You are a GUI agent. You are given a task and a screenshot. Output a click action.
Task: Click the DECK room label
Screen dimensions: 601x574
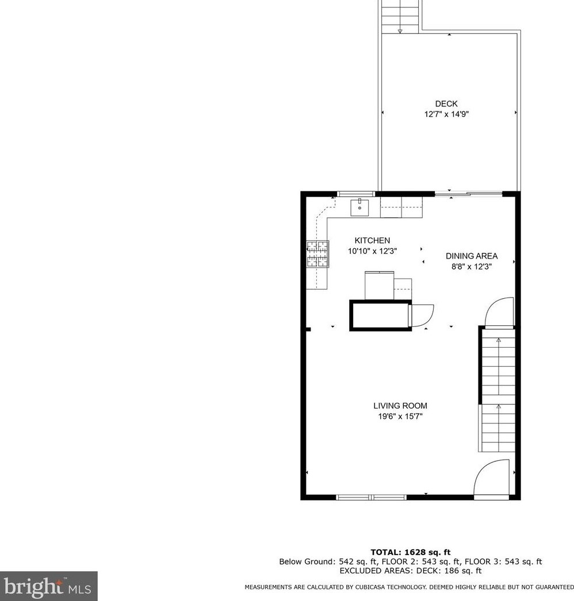point(446,104)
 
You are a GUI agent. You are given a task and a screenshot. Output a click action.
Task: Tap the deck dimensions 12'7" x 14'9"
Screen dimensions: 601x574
point(446,114)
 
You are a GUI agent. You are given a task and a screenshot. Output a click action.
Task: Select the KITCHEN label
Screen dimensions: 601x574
point(372,241)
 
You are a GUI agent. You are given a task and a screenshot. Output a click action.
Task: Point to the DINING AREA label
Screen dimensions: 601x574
point(472,256)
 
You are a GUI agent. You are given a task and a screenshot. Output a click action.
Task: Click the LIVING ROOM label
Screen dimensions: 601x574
point(400,406)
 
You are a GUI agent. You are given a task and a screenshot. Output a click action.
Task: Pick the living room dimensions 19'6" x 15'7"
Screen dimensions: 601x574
point(400,417)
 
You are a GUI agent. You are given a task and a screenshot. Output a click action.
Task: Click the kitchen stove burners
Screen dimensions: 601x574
point(317,254)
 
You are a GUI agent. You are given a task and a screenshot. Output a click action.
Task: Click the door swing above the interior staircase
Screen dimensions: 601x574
point(498,313)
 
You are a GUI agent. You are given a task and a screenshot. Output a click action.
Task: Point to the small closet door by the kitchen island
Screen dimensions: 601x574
point(422,314)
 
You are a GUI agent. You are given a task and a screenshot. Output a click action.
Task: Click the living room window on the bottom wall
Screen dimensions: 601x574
point(372,496)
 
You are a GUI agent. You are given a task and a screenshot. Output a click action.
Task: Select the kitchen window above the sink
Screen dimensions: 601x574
point(356,194)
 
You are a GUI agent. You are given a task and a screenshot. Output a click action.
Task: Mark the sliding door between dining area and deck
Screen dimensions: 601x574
point(468,194)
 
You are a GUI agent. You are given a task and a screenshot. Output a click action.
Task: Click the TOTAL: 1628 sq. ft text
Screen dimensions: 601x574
point(410,552)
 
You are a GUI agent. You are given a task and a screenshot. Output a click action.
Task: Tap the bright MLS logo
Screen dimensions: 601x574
point(48,586)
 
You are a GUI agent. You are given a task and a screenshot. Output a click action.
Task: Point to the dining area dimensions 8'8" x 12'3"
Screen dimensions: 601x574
point(472,267)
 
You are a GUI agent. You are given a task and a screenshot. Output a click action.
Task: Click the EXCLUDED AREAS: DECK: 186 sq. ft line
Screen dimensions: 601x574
point(410,571)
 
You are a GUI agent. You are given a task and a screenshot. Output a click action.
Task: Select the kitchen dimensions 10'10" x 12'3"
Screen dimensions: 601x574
point(372,251)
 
